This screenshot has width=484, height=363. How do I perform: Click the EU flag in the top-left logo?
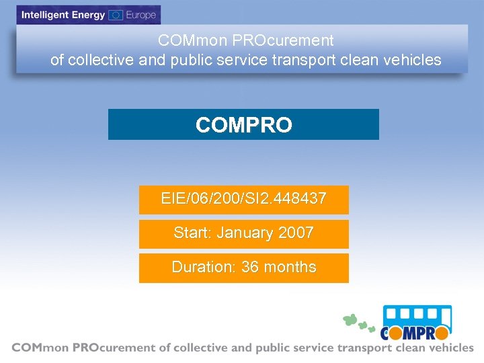pyautogui.click(x=115, y=15)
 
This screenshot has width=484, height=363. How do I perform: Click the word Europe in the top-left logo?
pyautogui.click(x=140, y=15)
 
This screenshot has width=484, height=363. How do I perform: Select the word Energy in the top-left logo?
pyautogui.click(x=89, y=15)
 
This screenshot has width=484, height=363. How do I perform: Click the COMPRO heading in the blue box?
pyautogui.click(x=243, y=125)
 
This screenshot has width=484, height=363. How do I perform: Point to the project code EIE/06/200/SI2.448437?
pyautogui.click(x=243, y=199)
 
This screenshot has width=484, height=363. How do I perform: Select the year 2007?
pyautogui.click(x=296, y=233)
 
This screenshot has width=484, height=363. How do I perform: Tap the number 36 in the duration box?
pyautogui.click(x=250, y=267)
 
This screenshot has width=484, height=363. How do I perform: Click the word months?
pyautogui.click(x=290, y=267)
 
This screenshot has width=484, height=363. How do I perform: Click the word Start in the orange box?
pyautogui.click(x=192, y=233)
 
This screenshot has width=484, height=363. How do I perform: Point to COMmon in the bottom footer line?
pyautogui.click(x=37, y=348)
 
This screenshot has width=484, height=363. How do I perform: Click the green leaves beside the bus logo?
pyautogui.click(x=357, y=322)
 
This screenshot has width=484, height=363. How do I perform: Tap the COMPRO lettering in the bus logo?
pyautogui.click(x=415, y=332)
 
